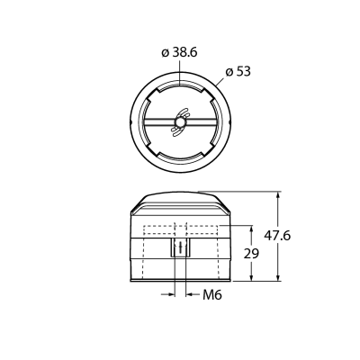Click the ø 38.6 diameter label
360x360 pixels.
tap(179, 53)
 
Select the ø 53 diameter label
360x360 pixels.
tap(238, 72)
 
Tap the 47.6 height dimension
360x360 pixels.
tap(277, 236)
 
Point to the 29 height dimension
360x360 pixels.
tap(251, 254)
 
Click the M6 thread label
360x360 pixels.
tap(212, 295)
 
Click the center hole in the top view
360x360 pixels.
tap(180, 122)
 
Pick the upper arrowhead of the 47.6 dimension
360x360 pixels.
tap(278, 195)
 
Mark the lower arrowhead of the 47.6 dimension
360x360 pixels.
tap(278, 277)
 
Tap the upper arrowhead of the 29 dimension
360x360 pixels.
tap(251, 229)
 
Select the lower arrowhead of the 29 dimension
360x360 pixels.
tap(251, 277)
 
